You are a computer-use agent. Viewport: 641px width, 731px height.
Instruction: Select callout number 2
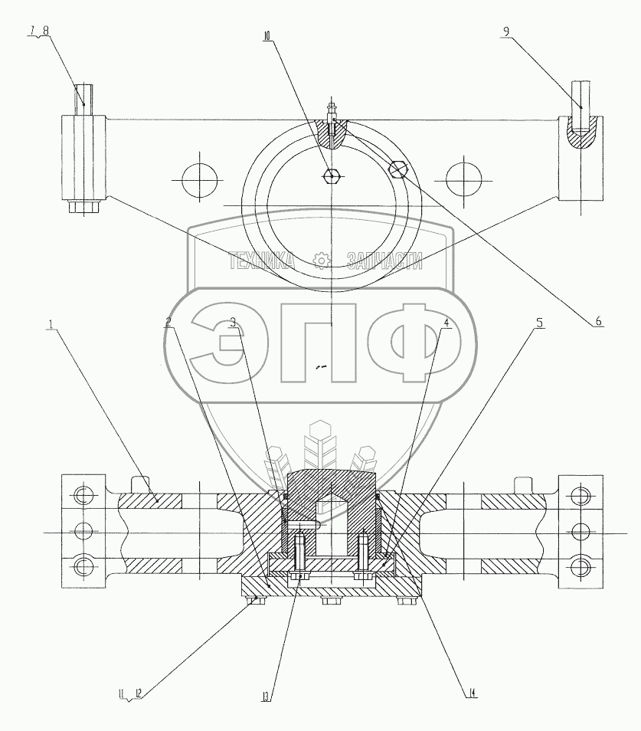tap(168, 322)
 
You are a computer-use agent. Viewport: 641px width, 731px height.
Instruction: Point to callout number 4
tap(446, 322)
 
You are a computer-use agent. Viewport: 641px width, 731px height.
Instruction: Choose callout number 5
tap(539, 322)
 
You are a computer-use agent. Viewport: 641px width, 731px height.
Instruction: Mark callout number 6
tap(598, 321)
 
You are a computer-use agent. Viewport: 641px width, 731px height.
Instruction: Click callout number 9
tap(506, 31)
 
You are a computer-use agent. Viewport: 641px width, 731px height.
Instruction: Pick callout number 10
tap(267, 36)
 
